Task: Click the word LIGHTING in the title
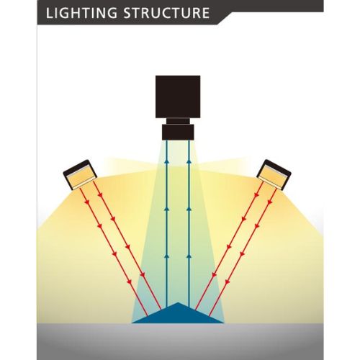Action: click(x=81, y=13)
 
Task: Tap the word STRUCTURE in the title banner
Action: click(x=166, y=13)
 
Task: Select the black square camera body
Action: click(x=178, y=96)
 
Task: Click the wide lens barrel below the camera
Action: click(x=178, y=132)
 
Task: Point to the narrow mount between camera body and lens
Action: click(x=178, y=121)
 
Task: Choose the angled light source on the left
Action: click(x=80, y=174)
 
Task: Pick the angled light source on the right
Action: click(x=274, y=174)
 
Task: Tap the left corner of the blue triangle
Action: click(x=132, y=323)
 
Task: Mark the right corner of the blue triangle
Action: click(x=224, y=323)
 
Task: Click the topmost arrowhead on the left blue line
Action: click(x=166, y=162)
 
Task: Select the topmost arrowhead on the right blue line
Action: click(x=189, y=162)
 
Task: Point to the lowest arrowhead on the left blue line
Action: click(x=166, y=256)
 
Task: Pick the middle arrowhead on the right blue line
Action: click(x=189, y=209)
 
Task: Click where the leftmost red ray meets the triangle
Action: click(x=148, y=316)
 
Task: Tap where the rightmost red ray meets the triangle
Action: click(x=209, y=316)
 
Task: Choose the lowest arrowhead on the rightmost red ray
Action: click(x=227, y=281)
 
